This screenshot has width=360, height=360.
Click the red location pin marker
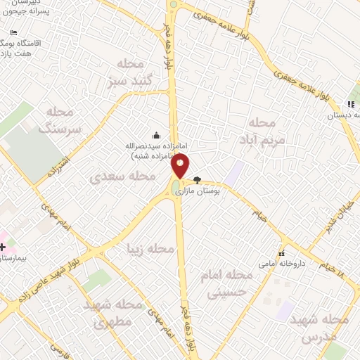pyautogui.click(x=181, y=166)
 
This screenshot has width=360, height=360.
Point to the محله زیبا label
pyautogui.click(x=148, y=248)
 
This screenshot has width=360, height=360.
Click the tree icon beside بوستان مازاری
pyautogui.click(x=197, y=180)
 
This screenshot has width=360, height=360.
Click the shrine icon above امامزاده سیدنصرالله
pyautogui.click(x=156, y=135)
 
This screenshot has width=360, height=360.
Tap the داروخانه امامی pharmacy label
pyautogui.click(x=281, y=264)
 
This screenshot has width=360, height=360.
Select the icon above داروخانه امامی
pyautogui.click(x=281, y=253)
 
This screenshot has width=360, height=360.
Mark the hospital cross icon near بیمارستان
pyautogui.click(x=4, y=247)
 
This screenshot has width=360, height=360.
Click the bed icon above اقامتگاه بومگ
pyautogui.click(x=14, y=32)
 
